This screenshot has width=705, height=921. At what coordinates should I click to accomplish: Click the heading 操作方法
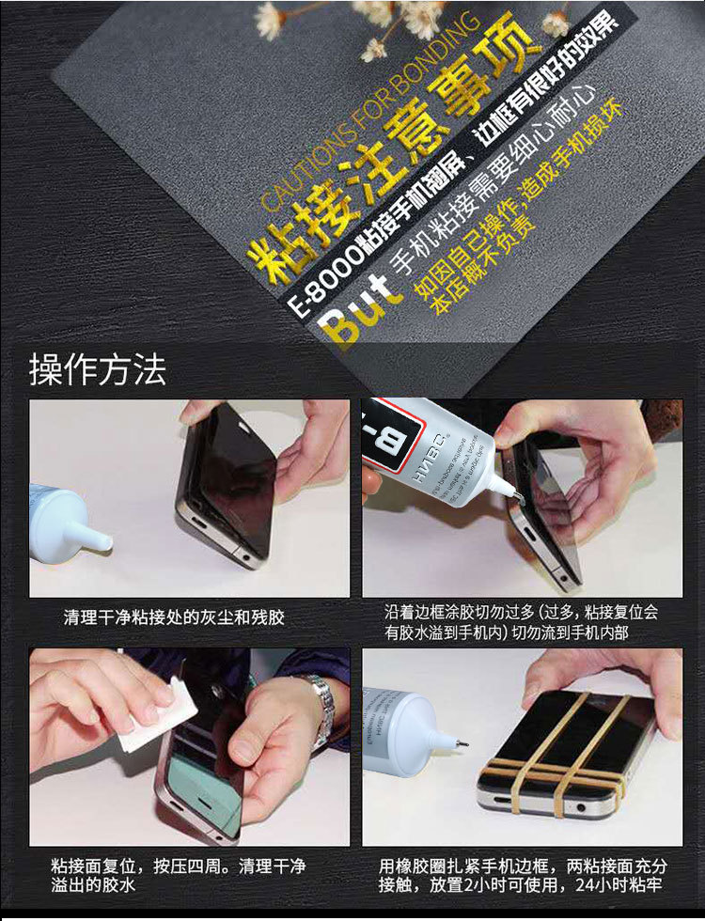coord(98,369)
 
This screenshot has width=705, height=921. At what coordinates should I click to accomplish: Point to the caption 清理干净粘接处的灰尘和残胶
coord(174,617)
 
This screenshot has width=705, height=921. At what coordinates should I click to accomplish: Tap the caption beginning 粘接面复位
coord(179,875)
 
